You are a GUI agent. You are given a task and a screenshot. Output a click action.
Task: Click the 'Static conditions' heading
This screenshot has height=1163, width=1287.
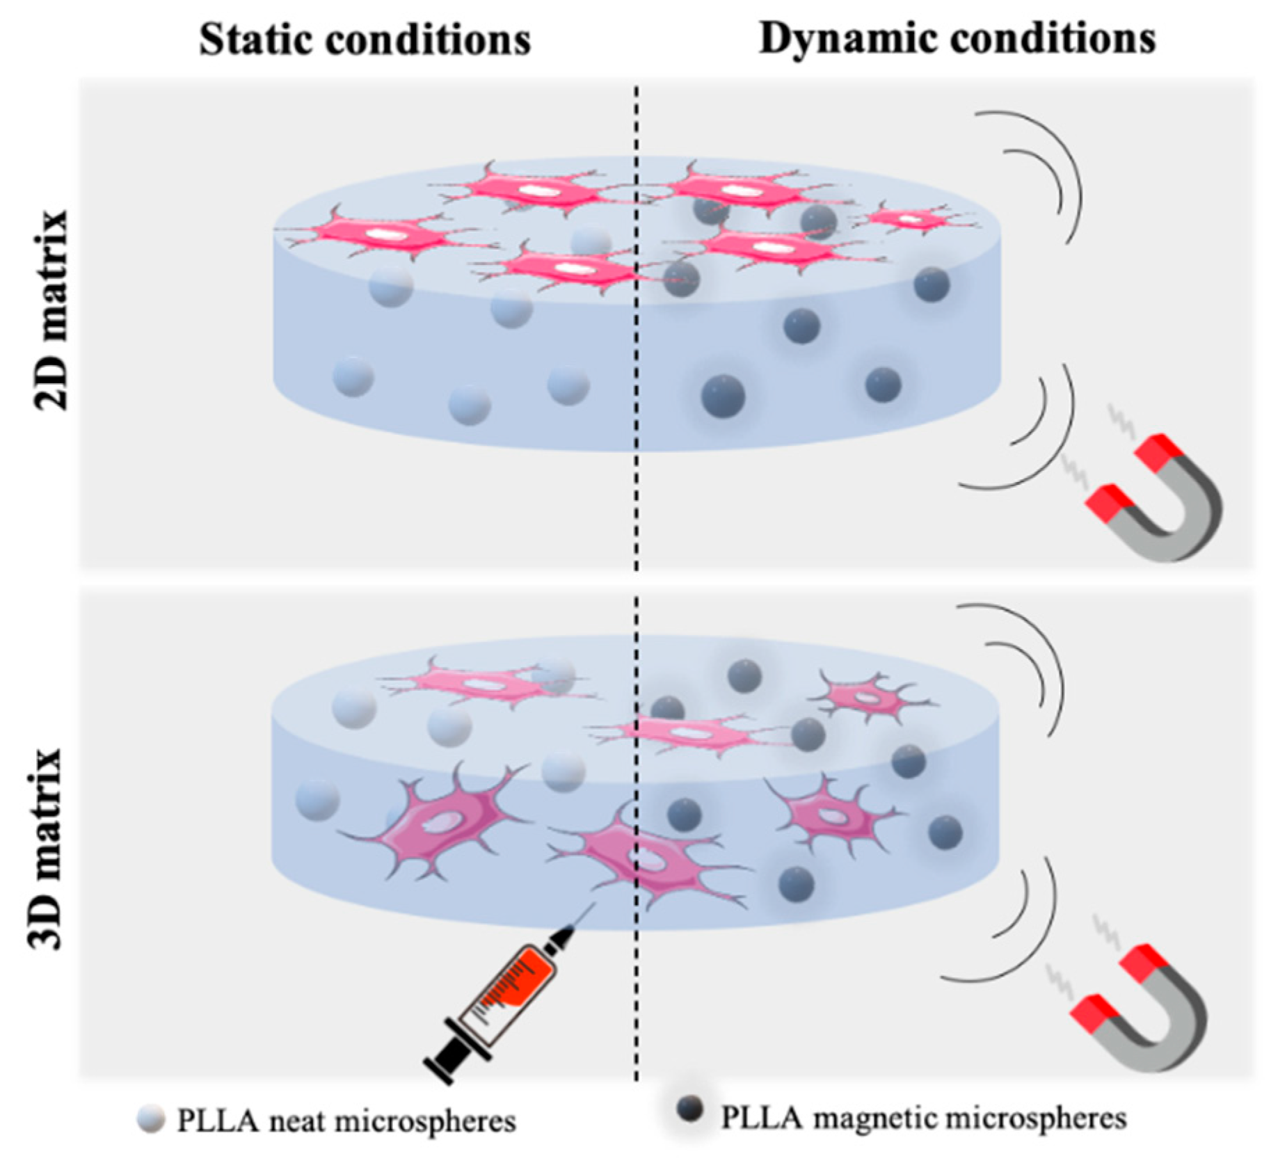point(365,40)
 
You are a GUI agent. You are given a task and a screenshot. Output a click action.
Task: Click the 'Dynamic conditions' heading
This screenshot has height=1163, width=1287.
point(957,38)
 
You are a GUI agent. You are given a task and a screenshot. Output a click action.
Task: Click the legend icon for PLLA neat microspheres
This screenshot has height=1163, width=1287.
point(151,1119)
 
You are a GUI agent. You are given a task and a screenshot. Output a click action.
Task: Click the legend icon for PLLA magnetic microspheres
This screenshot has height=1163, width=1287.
point(689,1109)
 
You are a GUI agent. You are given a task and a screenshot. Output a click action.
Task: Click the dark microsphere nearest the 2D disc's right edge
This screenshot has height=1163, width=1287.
point(931,284)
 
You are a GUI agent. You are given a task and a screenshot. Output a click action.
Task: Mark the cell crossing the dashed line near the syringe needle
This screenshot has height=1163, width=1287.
point(640,859)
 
